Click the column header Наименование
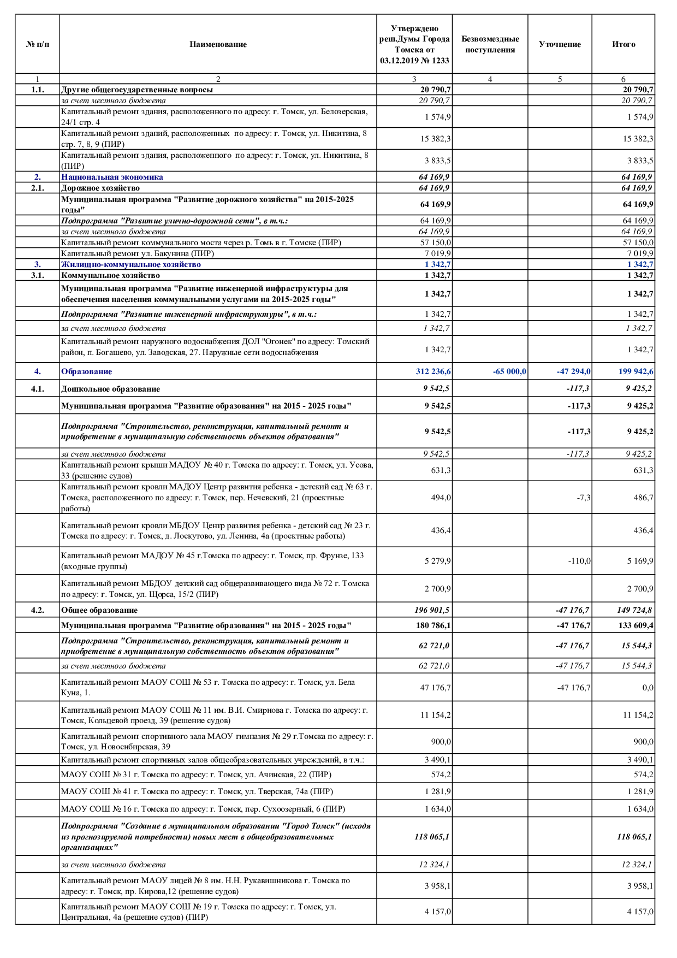[218, 44]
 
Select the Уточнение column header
[560, 44]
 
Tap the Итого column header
[623, 44]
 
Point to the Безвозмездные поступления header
[490, 44]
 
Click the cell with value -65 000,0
[509, 371]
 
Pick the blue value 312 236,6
[433, 371]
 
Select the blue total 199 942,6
[636, 371]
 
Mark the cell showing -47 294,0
[573, 371]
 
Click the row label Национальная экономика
[112, 177]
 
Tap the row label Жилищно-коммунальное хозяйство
[131, 264]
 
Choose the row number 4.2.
[37, 610]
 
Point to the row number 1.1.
[37, 90]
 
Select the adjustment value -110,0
[579, 561]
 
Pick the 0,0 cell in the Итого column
[648, 688]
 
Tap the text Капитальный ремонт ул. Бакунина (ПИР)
[138, 253]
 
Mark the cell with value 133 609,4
[636, 625]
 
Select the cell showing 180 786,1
[433, 625]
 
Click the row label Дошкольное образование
[110, 389]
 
